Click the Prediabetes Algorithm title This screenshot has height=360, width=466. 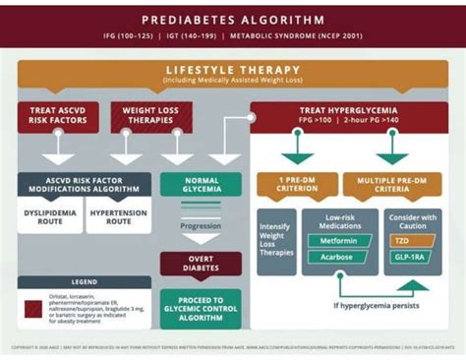[233, 20]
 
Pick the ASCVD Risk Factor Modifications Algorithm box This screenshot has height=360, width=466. [85, 186]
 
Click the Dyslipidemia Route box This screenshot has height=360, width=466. [49, 216]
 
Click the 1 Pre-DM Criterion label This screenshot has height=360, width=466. [297, 186]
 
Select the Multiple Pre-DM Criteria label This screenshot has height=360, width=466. [391, 186]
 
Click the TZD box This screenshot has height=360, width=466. [413, 240]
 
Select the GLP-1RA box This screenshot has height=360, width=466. [413, 257]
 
